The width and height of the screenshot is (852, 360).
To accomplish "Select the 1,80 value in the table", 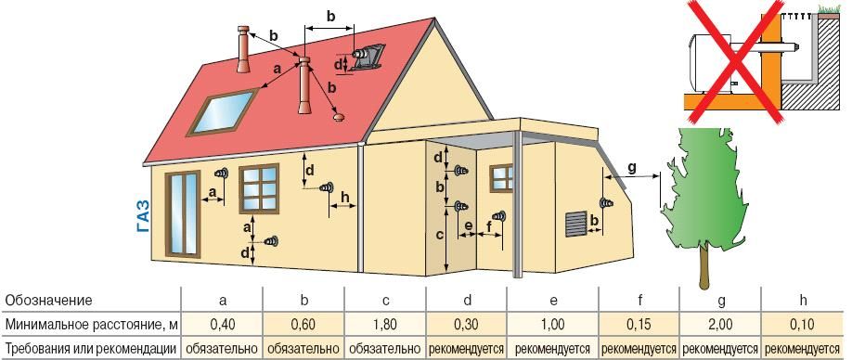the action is tap(385, 325).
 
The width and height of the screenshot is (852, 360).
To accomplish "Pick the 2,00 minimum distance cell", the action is tap(719, 325).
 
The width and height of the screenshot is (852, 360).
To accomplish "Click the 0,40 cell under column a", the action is tap(222, 325).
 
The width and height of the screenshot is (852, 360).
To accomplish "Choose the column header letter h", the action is tap(801, 301).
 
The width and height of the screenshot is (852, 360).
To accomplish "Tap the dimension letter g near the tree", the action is tap(631, 167).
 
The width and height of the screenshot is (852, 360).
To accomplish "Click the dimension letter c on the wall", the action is tap(438, 236).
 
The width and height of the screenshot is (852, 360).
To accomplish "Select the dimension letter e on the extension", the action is tap(469, 225).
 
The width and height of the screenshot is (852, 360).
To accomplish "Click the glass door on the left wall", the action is tap(182, 212).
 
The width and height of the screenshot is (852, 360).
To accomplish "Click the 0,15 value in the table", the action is tap(639, 325).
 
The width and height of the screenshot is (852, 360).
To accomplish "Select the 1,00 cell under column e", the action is tap(552, 325).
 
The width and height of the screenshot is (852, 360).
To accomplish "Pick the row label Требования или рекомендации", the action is tap(90, 349).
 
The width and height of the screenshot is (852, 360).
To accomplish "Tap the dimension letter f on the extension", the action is tap(488, 225).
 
